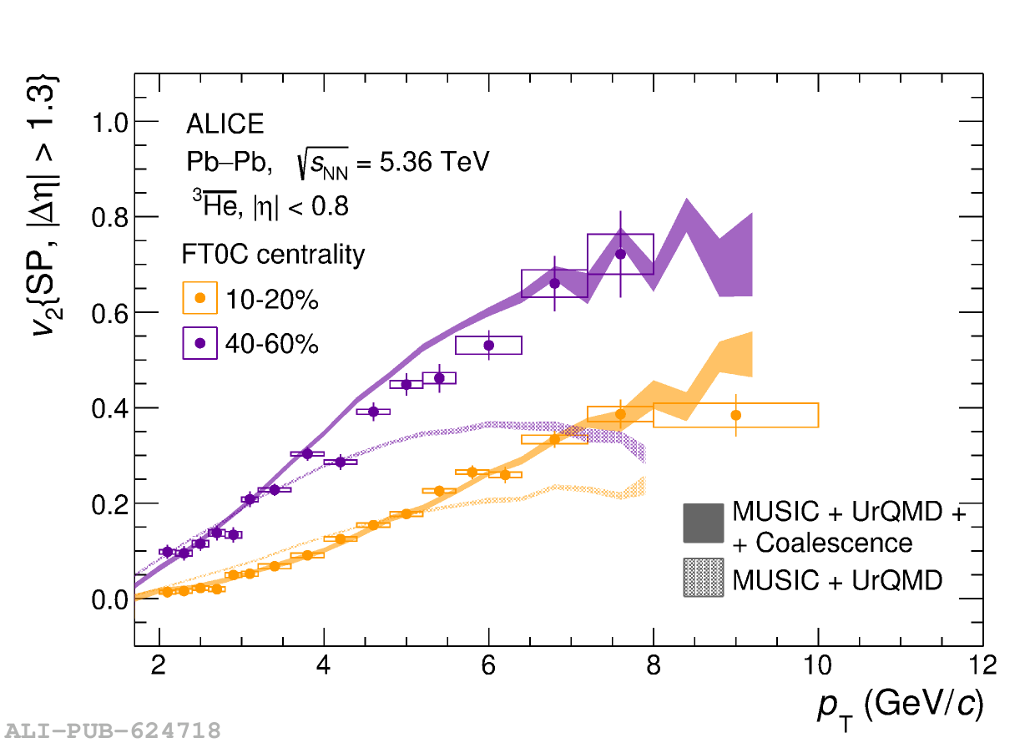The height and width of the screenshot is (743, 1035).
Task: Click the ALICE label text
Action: pos(225,124)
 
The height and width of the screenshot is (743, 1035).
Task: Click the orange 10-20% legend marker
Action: pos(199,297)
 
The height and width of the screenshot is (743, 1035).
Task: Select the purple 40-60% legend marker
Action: pos(199,342)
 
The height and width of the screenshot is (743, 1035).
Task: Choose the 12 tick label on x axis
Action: pos(982,665)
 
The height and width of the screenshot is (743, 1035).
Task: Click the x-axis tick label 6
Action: pos(489,665)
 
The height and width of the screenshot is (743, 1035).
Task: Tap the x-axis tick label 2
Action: pos(159,665)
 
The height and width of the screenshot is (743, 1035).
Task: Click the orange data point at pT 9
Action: pos(735,415)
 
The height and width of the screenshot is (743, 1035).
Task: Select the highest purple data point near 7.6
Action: pos(620,254)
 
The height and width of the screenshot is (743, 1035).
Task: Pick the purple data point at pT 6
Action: pos(489,345)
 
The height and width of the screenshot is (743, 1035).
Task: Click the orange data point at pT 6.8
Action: pos(554,439)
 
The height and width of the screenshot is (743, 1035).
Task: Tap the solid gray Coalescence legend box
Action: pos(703,523)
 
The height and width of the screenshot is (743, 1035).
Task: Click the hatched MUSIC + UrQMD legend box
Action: pos(703,578)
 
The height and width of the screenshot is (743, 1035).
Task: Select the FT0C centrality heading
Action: pos(273,254)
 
